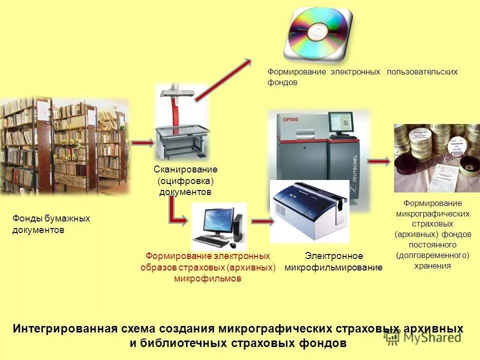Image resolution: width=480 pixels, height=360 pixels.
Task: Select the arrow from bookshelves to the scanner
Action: tap(142, 143)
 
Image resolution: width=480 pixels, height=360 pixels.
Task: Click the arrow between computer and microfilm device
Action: tap(260, 220)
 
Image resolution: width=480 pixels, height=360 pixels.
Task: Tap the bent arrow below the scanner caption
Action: tap(177, 212)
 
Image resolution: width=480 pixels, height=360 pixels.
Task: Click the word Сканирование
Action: tap(185, 169)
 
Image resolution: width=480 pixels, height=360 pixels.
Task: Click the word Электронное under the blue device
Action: tap(334, 256)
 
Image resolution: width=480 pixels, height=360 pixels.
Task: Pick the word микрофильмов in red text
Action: tap(207, 278)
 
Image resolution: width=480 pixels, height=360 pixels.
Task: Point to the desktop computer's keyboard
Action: tap(209, 241)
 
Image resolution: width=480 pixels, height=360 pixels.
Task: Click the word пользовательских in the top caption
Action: tap(422, 72)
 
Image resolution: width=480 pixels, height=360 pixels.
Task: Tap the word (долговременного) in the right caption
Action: tap(432, 255)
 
